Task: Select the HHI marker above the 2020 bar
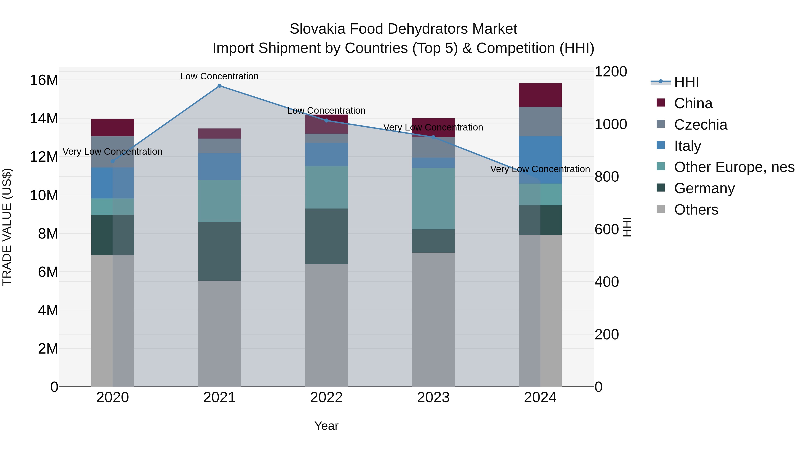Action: click(113, 161)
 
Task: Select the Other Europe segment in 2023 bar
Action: click(433, 198)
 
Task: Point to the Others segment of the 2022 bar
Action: click(326, 325)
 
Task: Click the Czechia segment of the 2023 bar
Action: click(433, 147)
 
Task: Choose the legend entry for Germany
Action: click(704, 188)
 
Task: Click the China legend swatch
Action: click(661, 103)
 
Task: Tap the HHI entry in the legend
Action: click(686, 82)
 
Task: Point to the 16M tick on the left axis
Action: click(44, 80)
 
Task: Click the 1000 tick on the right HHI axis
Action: click(611, 124)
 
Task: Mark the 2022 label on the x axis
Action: click(326, 398)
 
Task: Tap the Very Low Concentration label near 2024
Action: click(540, 169)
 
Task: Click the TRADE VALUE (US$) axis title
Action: click(7, 227)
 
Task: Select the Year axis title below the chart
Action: click(326, 426)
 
